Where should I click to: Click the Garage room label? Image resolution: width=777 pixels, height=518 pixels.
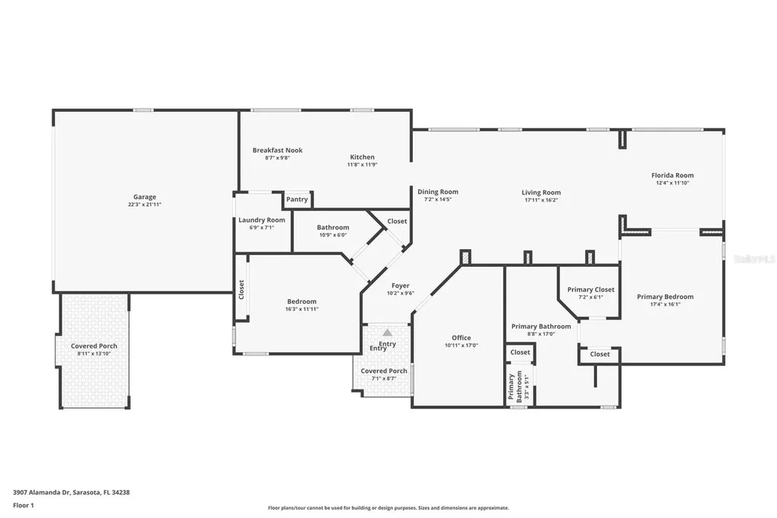point(144,197)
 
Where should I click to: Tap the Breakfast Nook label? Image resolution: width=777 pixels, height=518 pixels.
point(277,150)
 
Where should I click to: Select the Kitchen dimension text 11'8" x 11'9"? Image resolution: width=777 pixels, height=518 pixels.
point(362,165)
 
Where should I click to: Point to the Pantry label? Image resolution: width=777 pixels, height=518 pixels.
point(297,200)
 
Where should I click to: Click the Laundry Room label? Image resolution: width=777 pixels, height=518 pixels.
point(261,220)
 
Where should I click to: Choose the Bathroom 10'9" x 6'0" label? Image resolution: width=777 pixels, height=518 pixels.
point(332,228)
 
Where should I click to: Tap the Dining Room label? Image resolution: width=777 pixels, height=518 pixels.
point(438,192)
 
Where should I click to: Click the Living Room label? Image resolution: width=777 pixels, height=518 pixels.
point(541,193)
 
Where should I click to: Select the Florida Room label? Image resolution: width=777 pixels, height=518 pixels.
point(672,175)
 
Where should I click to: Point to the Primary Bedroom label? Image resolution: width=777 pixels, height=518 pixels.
point(665,297)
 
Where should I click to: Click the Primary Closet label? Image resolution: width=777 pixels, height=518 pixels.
point(590,289)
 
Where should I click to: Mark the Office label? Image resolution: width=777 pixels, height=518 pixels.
point(461,338)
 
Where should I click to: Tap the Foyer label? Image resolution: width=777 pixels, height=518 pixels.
point(400,286)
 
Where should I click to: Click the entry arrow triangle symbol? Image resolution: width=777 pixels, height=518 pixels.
point(388,333)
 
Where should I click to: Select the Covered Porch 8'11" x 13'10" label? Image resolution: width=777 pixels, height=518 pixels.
point(94,346)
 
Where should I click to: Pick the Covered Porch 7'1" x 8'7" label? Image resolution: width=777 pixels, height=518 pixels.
point(384,371)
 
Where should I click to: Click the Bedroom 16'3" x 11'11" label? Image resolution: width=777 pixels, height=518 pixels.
point(301,302)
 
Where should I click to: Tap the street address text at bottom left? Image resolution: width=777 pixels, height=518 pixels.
point(71,492)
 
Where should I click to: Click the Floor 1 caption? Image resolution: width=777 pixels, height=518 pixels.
point(24,505)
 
